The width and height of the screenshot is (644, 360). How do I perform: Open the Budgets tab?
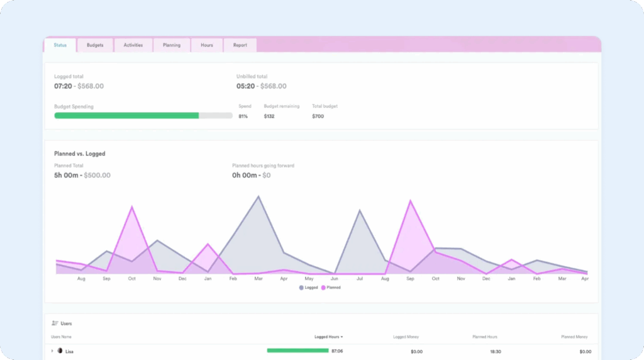click(95, 45)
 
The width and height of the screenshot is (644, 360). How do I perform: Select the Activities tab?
click(133, 45)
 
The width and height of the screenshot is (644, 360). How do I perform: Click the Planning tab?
click(172, 45)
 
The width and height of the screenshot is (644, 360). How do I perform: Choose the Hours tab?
click(207, 45)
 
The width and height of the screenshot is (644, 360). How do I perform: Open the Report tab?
click(240, 45)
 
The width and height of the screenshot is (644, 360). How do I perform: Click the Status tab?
click(60, 45)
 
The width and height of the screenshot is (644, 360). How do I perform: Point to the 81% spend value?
click(243, 116)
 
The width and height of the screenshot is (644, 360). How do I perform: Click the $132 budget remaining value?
click(269, 116)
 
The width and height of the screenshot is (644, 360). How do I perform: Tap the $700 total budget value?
click(318, 116)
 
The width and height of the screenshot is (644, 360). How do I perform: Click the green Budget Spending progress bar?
click(126, 116)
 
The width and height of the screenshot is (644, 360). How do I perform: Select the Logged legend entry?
click(309, 288)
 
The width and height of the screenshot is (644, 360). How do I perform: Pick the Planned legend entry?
click(331, 288)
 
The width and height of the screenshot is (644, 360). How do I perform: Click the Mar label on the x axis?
click(258, 278)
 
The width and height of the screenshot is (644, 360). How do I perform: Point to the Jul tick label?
click(360, 278)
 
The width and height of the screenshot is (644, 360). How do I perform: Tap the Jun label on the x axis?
click(334, 278)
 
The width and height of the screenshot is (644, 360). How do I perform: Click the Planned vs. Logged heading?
click(80, 154)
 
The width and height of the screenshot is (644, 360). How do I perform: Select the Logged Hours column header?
click(328, 337)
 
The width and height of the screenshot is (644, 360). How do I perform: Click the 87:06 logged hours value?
click(337, 351)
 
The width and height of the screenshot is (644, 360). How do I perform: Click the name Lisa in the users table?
click(69, 351)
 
